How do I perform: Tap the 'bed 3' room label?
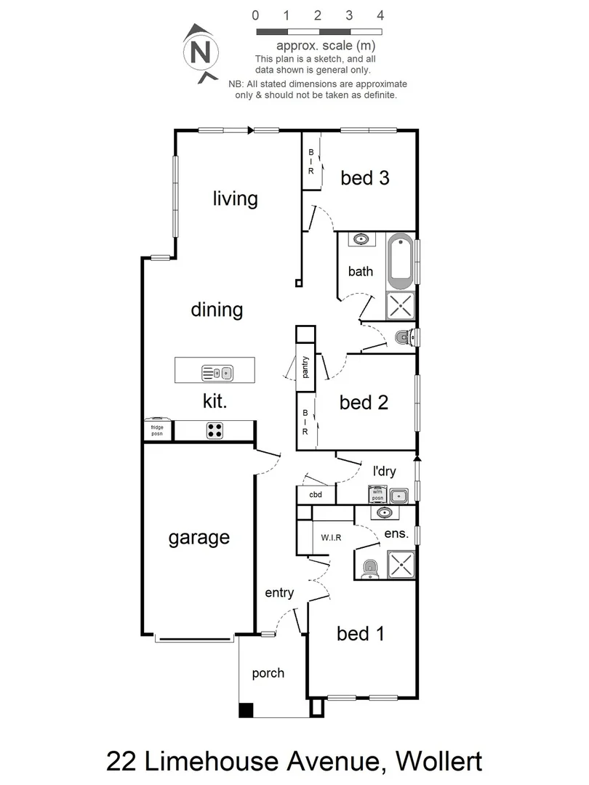(x=364, y=178)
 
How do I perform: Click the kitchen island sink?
(x=217, y=374)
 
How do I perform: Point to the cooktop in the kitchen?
(x=215, y=430)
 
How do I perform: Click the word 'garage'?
(x=199, y=538)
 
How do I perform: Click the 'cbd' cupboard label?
(x=316, y=496)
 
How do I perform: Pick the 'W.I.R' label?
(x=331, y=538)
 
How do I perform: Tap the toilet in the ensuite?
(x=369, y=567)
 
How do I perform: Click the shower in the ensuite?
(x=401, y=565)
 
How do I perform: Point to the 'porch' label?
(x=268, y=673)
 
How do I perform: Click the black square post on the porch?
(x=247, y=711)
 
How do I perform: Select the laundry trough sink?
(x=398, y=496)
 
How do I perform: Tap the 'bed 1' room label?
(x=360, y=634)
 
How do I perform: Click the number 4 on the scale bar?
(x=380, y=15)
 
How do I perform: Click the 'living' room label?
(x=235, y=198)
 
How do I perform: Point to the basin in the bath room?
(x=361, y=239)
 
